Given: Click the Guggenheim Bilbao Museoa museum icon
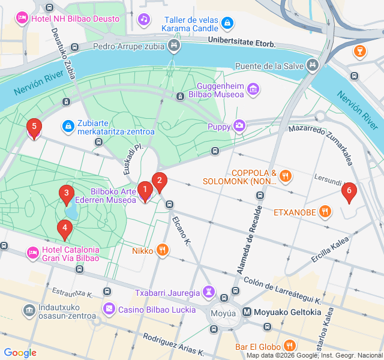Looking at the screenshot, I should click(253, 89).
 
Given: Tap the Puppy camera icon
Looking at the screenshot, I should click(239, 125).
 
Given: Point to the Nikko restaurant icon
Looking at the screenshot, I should click(161, 250).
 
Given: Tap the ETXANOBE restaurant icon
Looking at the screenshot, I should click(325, 211).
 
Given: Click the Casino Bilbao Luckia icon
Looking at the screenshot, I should click(109, 310).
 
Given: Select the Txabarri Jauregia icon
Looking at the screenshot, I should click(208, 292).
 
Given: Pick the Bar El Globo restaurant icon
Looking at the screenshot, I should click(290, 346).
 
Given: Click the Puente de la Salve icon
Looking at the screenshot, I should click(311, 65).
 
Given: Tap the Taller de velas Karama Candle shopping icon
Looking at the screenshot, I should click(227, 23).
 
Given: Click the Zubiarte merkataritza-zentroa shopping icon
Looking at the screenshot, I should click(68, 127).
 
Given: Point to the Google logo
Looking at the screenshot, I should click(20, 353).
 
